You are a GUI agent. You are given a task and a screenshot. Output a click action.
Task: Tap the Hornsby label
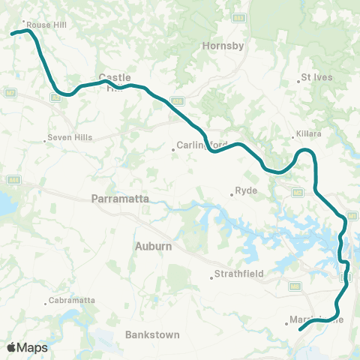coord(223,46)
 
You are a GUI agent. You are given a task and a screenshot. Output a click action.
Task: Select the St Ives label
coord(316,76)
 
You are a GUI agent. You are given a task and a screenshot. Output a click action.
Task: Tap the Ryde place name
coord(247,191)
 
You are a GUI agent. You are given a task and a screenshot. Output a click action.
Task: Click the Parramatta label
coord(120,199)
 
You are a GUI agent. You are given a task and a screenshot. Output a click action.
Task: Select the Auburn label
coord(154,246)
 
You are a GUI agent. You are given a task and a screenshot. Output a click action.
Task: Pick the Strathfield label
coord(238,274)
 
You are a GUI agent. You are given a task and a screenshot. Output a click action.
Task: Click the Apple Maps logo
coord(27,347)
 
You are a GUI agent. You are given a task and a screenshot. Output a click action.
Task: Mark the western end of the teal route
coord(11,33)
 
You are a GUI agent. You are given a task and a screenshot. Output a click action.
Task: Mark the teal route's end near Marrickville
coord(300,329)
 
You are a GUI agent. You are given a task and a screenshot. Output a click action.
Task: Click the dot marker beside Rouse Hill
coord(24,22)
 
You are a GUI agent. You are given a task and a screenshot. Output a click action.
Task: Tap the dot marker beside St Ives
coord(299,81)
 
